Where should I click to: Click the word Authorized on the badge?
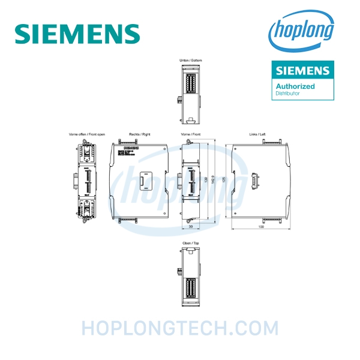pyautogui.click(x=295, y=86)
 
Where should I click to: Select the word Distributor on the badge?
pyautogui.click(x=289, y=94)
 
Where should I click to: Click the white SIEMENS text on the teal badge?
pyautogui.click(x=302, y=71)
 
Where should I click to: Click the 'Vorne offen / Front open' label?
pyautogui.click(x=87, y=134)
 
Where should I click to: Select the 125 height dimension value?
pyautogui.click(x=223, y=180)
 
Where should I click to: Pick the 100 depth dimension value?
pyautogui.click(x=260, y=228)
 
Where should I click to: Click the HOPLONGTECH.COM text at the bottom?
pyautogui.click(x=180, y=329)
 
